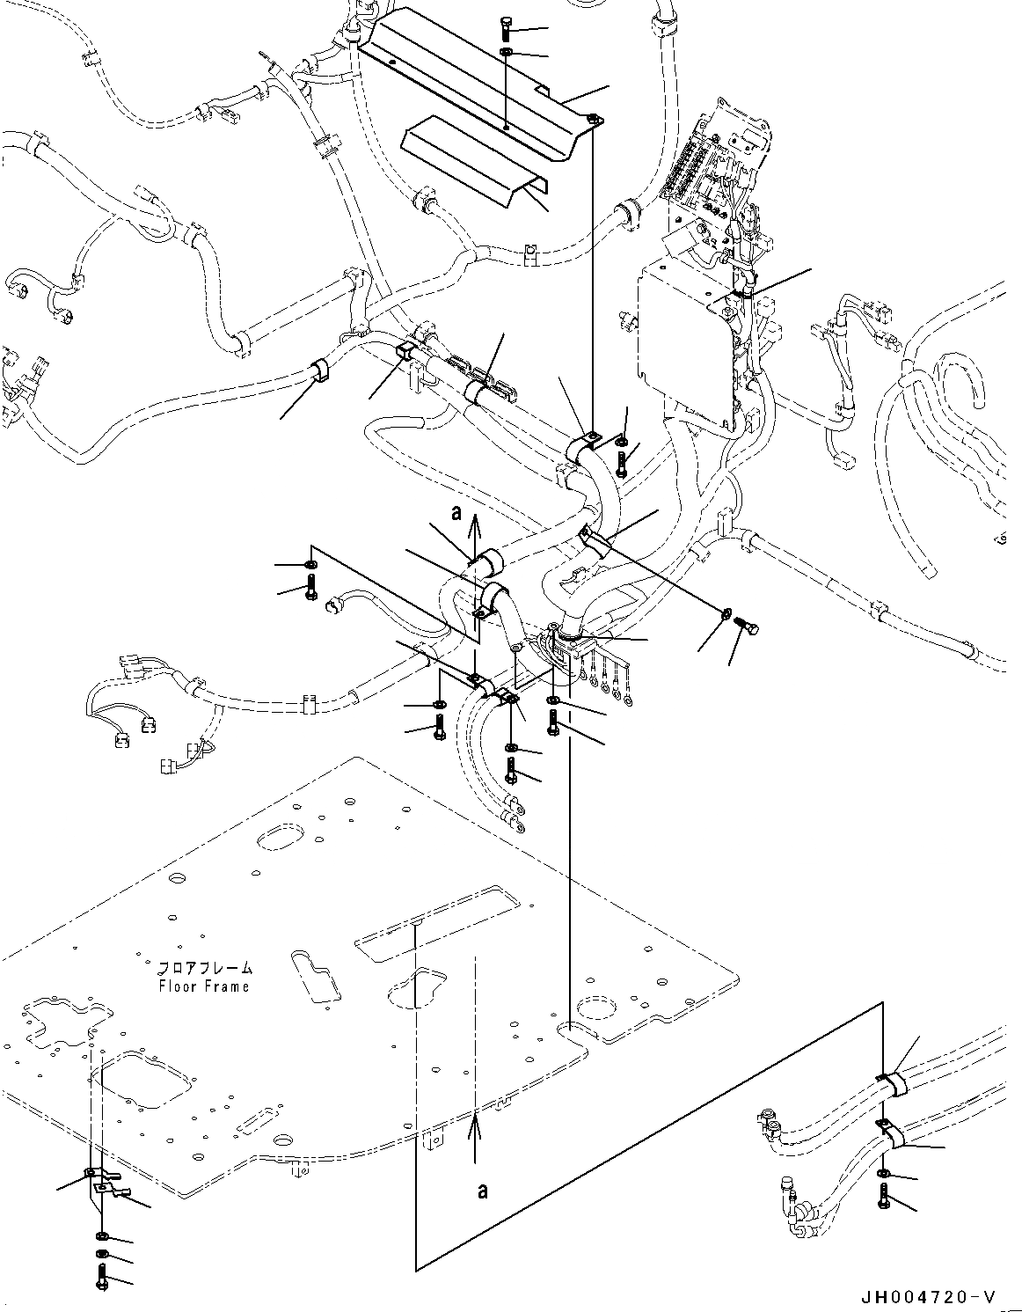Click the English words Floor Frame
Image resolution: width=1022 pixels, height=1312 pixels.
click(204, 986)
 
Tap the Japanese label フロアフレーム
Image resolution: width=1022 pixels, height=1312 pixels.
click(204, 968)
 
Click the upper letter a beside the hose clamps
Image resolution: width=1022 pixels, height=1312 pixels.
click(456, 514)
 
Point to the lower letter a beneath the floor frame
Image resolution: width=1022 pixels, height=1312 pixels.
click(481, 1191)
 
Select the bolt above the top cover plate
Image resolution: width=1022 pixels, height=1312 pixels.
click(507, 29)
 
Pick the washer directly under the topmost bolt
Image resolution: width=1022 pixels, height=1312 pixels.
click(507, 55)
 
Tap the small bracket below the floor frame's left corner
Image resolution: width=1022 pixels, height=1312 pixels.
click(110, 1183)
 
